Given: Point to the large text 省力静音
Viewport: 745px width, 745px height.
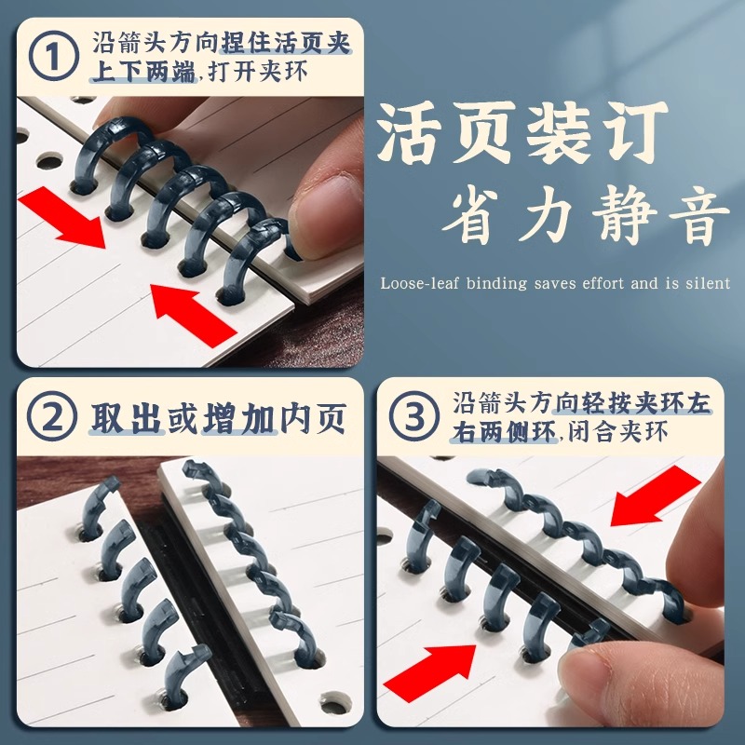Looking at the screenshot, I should (585, 220).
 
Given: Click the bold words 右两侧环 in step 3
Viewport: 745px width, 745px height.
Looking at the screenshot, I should (504, 433).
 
